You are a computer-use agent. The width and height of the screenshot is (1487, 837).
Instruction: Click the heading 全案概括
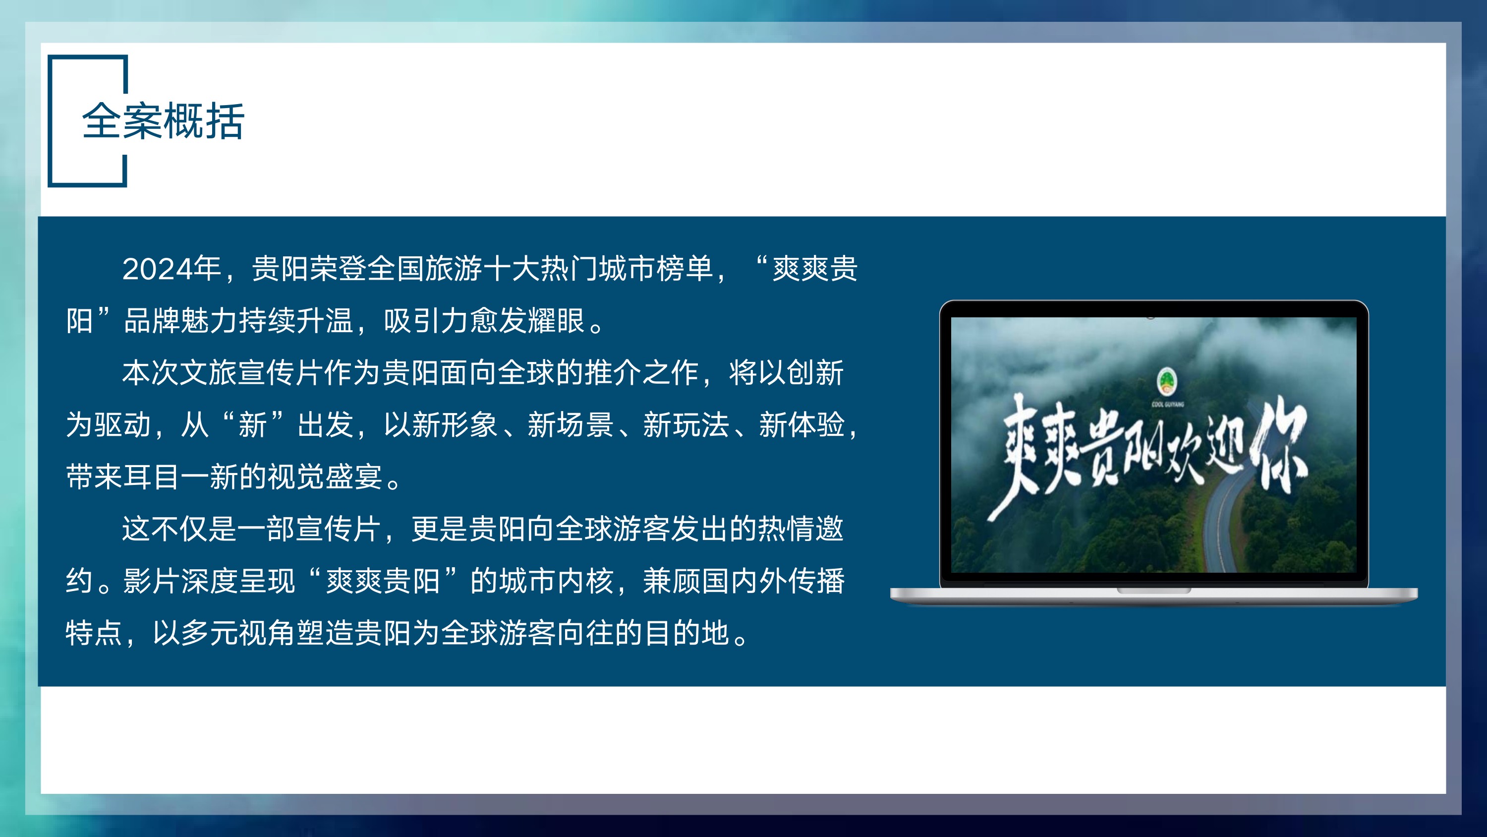164,121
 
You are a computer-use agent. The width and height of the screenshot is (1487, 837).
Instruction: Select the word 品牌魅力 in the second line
181,321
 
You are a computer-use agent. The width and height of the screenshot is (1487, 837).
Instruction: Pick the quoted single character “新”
253,424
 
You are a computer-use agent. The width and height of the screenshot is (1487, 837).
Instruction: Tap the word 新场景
571,424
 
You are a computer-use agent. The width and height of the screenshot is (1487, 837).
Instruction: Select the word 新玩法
686,424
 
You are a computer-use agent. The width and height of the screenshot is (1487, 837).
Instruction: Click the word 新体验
802,424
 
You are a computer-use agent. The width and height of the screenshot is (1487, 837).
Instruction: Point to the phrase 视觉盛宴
325,477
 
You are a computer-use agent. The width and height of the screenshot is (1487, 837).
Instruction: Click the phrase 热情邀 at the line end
801,529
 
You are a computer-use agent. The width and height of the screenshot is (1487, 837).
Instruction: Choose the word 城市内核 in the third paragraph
557,581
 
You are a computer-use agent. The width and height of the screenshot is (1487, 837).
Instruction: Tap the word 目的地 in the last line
686,633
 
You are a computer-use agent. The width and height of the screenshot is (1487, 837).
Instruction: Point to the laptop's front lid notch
1153,591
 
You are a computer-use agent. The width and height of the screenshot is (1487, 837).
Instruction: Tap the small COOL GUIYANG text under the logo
1167,404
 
